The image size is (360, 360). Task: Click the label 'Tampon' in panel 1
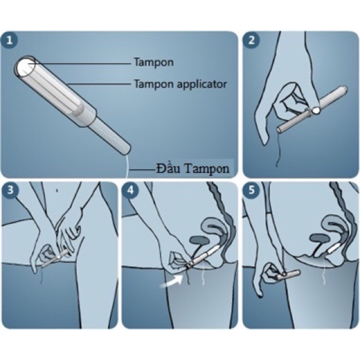click(153, 63)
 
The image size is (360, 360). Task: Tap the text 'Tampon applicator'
click(180, 84)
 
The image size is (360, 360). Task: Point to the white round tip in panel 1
click(24, 67)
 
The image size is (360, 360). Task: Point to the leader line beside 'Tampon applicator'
click(99, 84)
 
